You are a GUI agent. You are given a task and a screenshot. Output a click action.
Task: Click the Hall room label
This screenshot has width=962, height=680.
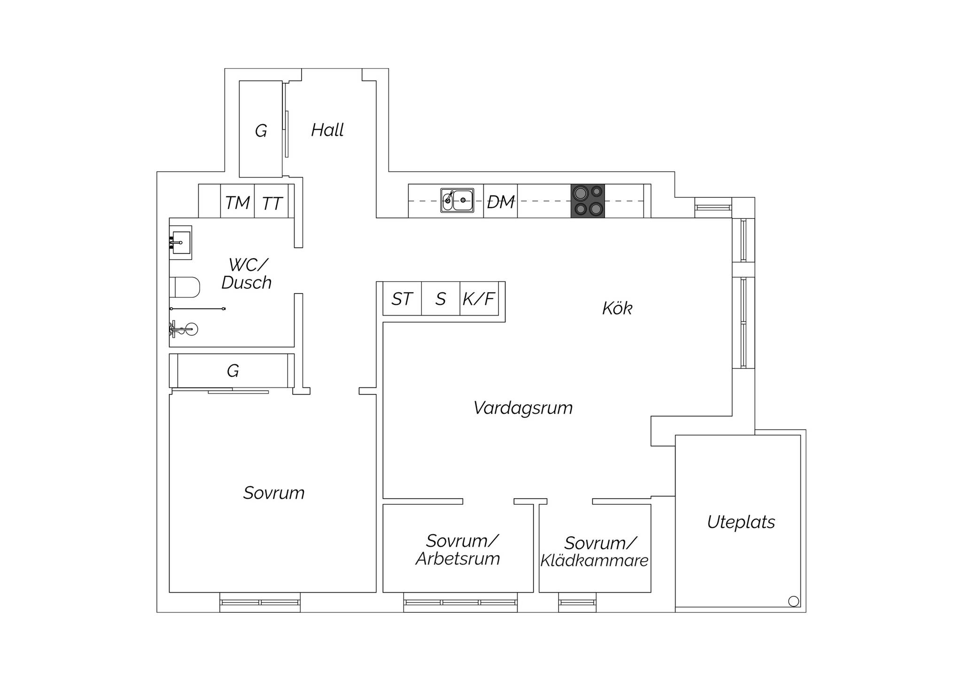click(x=327, y=130)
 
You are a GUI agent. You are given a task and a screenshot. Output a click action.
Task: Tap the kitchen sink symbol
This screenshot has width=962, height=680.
click(x=457, y=201)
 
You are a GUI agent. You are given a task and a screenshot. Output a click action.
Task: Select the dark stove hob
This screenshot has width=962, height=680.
click(x=588, y=201)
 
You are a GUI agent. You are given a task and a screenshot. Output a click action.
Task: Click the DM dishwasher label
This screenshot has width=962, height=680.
click(x=501, y=202)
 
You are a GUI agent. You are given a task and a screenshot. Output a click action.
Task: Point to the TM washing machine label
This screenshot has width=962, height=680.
click(x=237, y=203)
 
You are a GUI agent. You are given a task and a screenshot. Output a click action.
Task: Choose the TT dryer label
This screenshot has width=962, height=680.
click(x=272, y=204)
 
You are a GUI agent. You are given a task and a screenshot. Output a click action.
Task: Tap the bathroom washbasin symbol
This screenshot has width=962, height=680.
click(x=180, y=242)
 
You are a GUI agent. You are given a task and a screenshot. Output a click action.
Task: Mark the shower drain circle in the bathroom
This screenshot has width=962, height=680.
click(x=191, y=329)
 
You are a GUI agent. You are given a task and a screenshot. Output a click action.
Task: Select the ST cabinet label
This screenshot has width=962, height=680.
click(x=402, y=299)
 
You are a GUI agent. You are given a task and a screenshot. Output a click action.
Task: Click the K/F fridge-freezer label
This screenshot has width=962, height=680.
click(x=479, y=299)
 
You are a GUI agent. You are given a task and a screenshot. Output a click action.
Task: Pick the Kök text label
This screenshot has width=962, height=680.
click(x=617, y=309)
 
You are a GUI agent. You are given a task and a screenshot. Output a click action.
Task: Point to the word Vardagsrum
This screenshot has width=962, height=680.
click(x=523, y=408)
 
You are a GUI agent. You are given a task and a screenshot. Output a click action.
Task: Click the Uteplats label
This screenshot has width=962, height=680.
click(x=741, y=522)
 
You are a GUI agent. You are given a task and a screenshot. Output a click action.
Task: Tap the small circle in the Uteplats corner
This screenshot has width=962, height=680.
click(x=793, y=601)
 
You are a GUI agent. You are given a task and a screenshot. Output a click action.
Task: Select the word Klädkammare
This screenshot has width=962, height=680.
click(x=594, y=561)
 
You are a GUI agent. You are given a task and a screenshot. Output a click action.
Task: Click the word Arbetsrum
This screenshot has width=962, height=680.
click(x=458, y=559)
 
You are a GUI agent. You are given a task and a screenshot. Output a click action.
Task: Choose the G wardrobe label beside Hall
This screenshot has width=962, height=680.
click(x=261, y=131)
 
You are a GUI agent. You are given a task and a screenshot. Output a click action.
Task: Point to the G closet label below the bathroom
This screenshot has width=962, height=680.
click(x=233, y=371)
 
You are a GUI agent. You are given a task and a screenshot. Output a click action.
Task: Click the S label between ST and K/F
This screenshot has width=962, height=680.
click(x=440, y=299)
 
